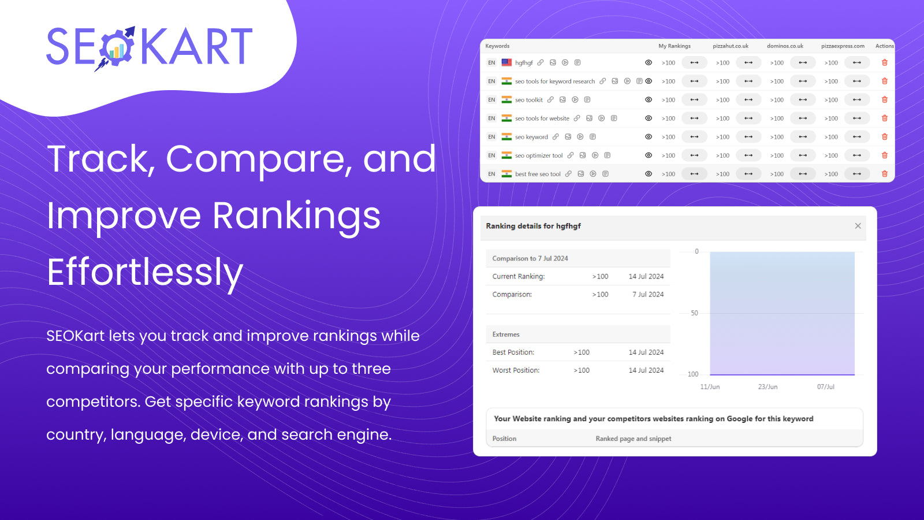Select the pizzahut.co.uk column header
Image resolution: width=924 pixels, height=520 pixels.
pos(730,46)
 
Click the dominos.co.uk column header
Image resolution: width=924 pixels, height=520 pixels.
pos(785,46)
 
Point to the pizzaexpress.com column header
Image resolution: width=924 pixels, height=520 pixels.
pos(843,46)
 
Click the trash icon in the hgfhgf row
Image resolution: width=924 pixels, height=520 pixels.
pos(884,62)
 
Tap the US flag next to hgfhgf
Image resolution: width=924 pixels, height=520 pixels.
pos(506,62)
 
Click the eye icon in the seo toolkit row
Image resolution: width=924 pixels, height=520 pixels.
pos(649,100)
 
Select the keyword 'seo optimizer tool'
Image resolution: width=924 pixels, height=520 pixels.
pos(538,155)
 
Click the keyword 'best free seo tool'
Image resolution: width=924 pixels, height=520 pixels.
pos(538,174)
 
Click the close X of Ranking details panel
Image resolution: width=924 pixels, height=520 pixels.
pos(858,226)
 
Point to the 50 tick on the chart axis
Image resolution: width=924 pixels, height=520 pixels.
pos(694,313)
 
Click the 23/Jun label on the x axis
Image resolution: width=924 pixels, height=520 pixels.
pos(767,387)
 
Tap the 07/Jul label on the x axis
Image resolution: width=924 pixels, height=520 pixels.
pos(825,387)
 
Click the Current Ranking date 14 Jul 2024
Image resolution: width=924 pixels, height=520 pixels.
pos(646,277)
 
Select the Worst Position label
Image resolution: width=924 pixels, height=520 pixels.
pos(516,370)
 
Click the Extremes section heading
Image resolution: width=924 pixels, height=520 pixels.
pos(506,335)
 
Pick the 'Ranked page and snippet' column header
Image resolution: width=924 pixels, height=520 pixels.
pos(633,439)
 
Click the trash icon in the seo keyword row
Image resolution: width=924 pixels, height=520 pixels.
pos(884,137)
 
